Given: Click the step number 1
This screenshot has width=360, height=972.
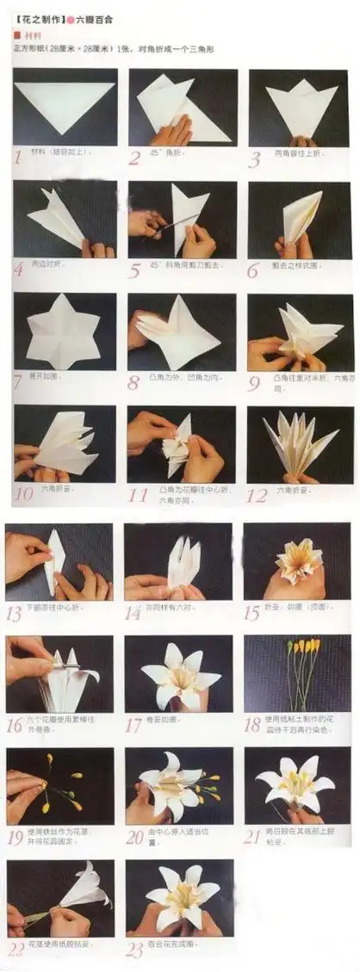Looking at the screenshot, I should click(x=18, y=157).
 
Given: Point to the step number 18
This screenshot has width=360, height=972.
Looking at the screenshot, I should click(x=252, y=726).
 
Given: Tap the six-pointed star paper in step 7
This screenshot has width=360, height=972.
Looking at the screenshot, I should click(x=63, y=331).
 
